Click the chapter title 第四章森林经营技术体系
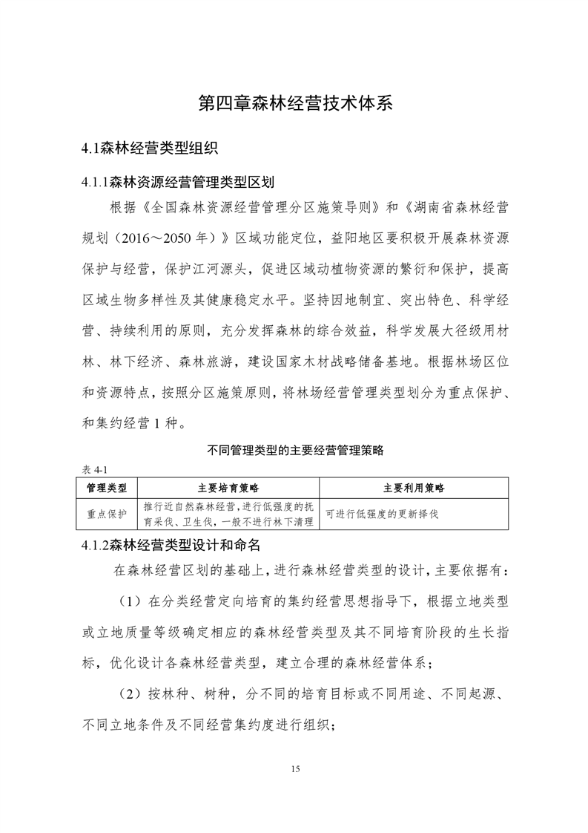[x=294, y=102]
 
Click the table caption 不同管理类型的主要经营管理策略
[x=294, y=450]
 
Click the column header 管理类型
[x=107, y=488]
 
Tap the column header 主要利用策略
[x=414, y=488]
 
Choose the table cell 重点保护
[x=107, y=513]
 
